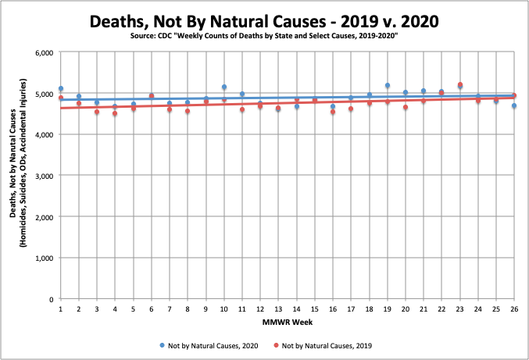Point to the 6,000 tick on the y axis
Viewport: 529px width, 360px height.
(42, 53)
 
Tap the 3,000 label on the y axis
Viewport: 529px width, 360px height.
(42, 176)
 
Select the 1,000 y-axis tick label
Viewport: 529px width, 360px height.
(42, 258)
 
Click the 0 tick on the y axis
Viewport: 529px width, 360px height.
(49, 299)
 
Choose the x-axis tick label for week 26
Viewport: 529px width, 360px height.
(513, 310)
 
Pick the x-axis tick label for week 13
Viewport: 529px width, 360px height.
(278, 310)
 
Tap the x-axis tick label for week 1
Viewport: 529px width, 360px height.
(61, 310)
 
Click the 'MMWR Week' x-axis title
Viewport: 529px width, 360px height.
(287, 321)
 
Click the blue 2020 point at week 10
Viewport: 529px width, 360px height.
(224, 87)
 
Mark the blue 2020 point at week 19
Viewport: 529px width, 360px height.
(388, 86)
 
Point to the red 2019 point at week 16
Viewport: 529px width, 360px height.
(333, 112)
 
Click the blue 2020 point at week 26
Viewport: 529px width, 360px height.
(514, 106)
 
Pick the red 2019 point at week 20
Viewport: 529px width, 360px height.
(406, 108)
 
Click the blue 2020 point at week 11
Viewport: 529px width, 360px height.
(242, 94)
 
